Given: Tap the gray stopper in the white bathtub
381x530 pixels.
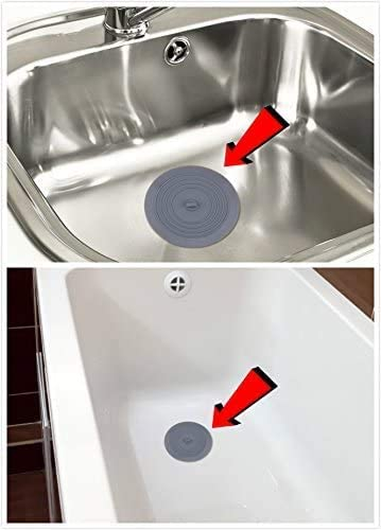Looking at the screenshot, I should coord(188,441).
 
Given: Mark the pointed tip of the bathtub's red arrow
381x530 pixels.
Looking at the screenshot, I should coord(213,426).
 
